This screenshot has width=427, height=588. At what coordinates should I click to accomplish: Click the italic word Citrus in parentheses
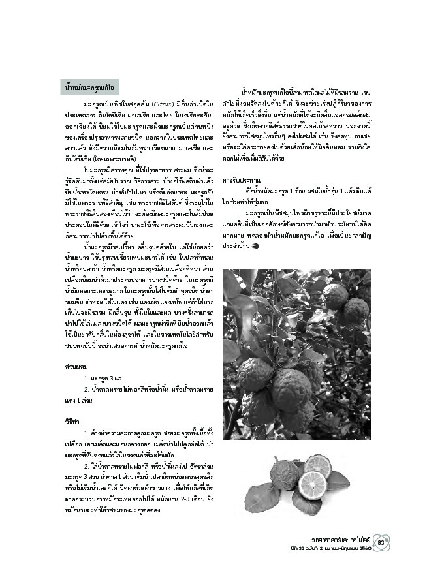pyautogui.click(x=163, y=104)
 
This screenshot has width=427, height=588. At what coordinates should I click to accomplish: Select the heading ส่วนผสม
pyautogui.click(x=74, y=367)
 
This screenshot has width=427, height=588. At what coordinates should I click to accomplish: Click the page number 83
pyautogui.click(x=383, y=538)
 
